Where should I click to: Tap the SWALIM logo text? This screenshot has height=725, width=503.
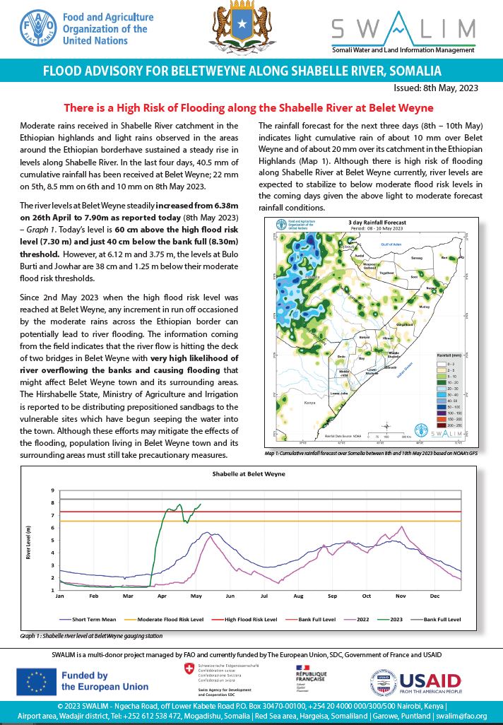403,28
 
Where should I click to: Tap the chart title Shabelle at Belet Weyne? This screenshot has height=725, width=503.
252,474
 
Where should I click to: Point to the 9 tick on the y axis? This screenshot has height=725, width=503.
52,490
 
